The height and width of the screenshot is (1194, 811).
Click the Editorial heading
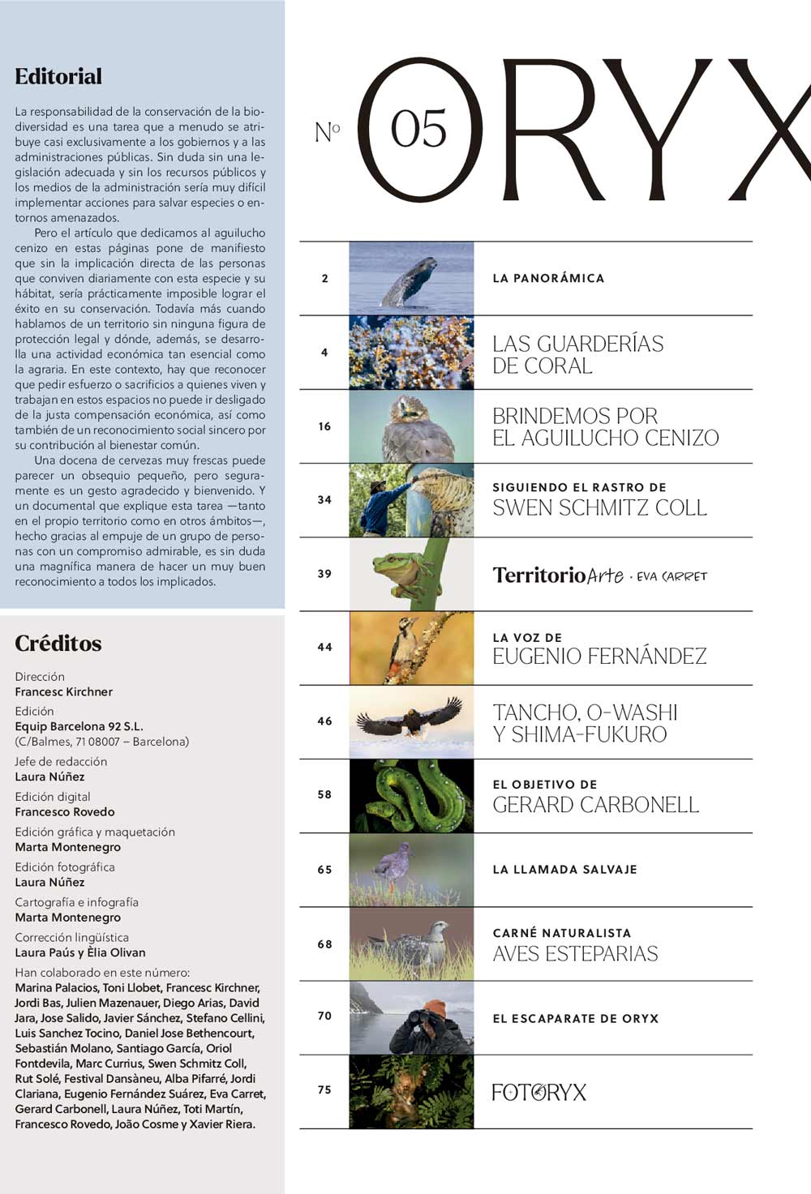pos(58,77)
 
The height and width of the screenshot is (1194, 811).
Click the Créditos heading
pos(58,644)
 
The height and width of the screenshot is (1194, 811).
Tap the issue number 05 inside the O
pos(418,130)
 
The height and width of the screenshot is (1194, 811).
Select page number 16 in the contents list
pos(324,426)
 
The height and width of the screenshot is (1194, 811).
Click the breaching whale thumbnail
pos(411,279)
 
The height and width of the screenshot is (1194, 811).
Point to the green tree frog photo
pos(411,574)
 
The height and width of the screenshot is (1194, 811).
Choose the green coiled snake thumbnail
pos(411,795)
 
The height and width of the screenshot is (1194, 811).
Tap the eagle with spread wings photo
pos(411,721)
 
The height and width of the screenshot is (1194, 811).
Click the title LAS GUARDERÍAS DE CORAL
pos(577,354)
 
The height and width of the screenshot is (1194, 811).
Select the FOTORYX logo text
pos(539,1092)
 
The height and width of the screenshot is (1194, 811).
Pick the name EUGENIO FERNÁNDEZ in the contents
pos(599,656)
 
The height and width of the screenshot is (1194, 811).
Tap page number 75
pos(324,1090)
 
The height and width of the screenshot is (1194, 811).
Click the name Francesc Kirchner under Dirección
pos(63,691)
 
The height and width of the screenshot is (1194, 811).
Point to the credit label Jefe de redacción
pos(61,761)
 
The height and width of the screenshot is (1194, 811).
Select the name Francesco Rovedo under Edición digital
pos(65,811)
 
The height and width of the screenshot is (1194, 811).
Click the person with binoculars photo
pos(411,1017)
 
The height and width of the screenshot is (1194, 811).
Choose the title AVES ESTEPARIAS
pos(575,953)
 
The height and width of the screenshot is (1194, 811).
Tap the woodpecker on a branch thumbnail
pos(411,648)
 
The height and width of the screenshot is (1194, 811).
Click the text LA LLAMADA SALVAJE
pos(564,869)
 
